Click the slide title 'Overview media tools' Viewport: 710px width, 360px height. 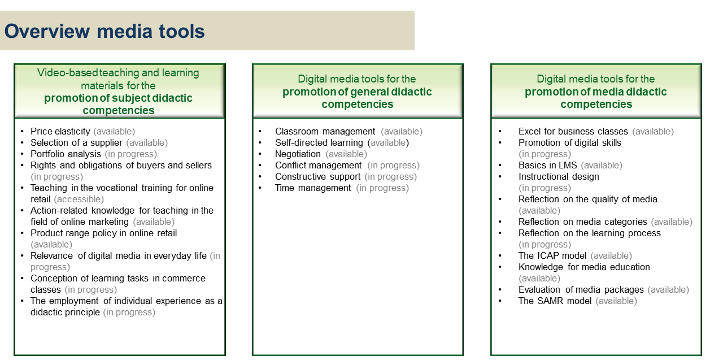104,31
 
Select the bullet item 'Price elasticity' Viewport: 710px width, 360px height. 60,131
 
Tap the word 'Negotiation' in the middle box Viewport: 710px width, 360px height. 298,154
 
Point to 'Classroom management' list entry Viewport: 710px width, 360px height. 325,131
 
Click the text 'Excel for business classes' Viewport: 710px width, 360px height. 573,131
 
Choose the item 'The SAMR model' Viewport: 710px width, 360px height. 555,301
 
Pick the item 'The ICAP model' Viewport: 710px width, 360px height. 552,255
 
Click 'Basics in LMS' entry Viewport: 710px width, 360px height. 548,165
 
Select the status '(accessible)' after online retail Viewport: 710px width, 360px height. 79,199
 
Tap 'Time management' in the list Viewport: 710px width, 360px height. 313,188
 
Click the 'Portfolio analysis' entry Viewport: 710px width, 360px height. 66,154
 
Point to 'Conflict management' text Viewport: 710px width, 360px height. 318,165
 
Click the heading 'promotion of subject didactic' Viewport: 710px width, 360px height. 118,98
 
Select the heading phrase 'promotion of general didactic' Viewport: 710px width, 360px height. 357,92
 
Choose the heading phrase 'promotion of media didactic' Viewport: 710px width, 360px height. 596,92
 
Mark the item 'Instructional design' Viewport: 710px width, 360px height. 559,176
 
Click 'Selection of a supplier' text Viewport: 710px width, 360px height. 76,143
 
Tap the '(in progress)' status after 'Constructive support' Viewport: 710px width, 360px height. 390,177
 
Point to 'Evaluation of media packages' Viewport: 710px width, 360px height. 581,289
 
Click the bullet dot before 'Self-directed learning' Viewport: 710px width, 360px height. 260,143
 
